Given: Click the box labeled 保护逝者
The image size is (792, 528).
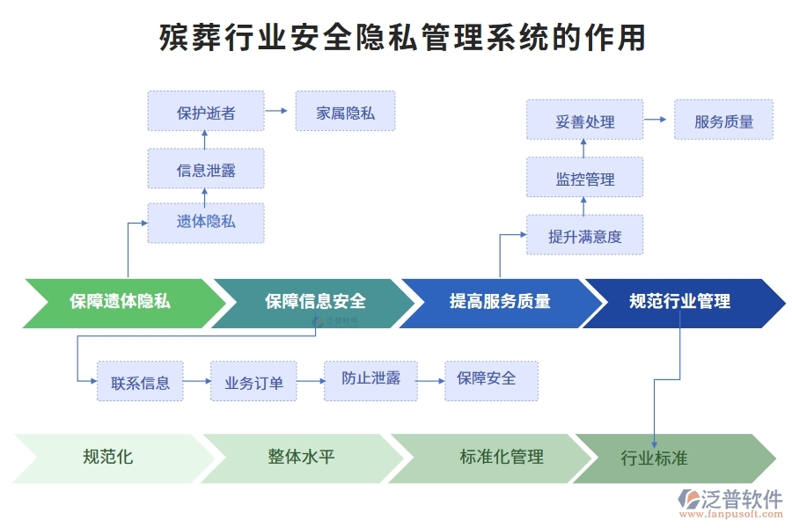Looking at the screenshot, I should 206,112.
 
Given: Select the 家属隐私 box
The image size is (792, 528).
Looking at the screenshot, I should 345,112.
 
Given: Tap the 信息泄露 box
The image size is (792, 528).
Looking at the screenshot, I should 206,169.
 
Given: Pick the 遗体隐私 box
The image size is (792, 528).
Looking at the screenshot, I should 206,223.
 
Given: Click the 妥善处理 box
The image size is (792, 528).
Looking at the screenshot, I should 584,121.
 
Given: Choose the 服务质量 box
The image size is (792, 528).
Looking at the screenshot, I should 723,121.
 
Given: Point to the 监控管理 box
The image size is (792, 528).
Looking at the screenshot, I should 584,179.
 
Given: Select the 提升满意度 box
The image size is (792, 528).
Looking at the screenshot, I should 584,236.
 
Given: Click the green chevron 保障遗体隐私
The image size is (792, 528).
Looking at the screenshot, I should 120,303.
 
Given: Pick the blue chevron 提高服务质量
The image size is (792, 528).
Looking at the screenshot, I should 500,303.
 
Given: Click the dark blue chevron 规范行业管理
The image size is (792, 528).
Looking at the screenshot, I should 679,303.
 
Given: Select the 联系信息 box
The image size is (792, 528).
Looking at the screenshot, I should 140,382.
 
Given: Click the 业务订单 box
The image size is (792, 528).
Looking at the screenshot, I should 253,382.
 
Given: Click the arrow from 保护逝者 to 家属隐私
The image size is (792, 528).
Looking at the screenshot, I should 278,112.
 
